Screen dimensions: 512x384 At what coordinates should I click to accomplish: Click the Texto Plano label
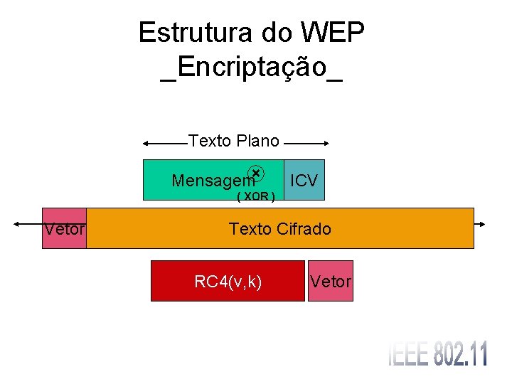click(x=234, y=141)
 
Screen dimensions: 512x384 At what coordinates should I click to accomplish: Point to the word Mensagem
click(x=212, y=181)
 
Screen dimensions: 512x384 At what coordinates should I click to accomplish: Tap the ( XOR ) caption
click(x=256, y=196)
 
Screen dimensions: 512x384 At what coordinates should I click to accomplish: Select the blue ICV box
click(x=304, y=180)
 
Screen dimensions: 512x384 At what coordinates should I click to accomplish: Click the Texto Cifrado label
click(x=279, y=229)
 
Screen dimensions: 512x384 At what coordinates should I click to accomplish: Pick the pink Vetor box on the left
click(x=64, y=228)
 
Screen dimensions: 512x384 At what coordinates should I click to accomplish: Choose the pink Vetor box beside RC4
click(x=331, y=282)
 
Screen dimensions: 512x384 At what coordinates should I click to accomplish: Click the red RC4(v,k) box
click(x=228, y=282)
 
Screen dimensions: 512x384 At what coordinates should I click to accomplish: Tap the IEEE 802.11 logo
click(x=437, y=353)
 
